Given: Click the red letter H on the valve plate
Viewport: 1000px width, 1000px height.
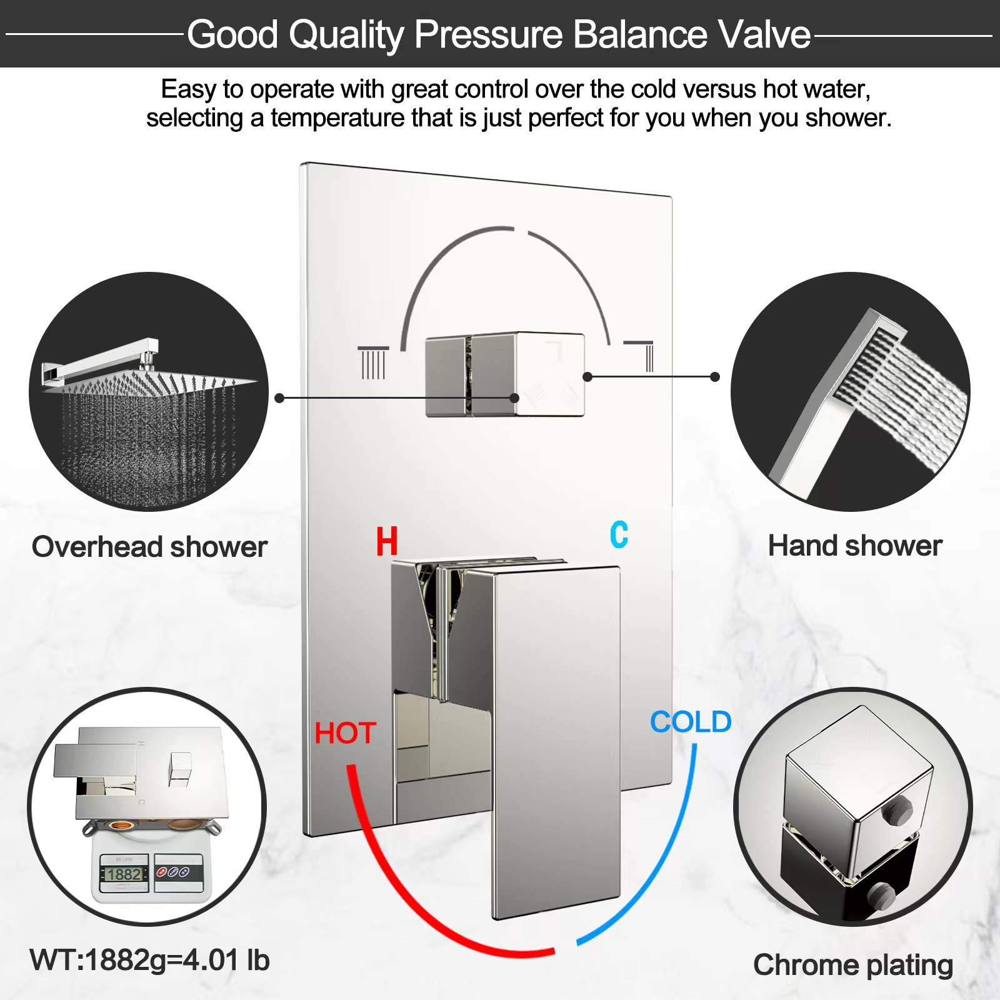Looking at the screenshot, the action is tap(387, 541).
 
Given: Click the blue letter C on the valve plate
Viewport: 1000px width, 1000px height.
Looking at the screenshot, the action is tap(619, 534).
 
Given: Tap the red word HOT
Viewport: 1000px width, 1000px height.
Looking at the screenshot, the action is tap(345, 733).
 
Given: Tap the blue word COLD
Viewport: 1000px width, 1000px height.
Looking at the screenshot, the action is tap(691, 722).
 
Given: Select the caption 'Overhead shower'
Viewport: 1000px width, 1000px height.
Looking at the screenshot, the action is tap(149, 547).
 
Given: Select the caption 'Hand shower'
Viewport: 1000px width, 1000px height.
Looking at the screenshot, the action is tap(855, 546).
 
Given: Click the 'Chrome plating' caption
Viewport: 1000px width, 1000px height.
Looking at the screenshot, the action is tap(853, 966).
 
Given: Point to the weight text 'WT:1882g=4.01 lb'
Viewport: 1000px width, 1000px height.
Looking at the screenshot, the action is tap(149, 961).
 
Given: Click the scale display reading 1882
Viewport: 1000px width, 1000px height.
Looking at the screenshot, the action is tap(123, 874).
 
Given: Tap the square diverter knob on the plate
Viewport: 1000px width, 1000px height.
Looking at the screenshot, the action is tap(505, 375).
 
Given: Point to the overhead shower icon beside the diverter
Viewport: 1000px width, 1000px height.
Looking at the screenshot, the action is tap(373, 362).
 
